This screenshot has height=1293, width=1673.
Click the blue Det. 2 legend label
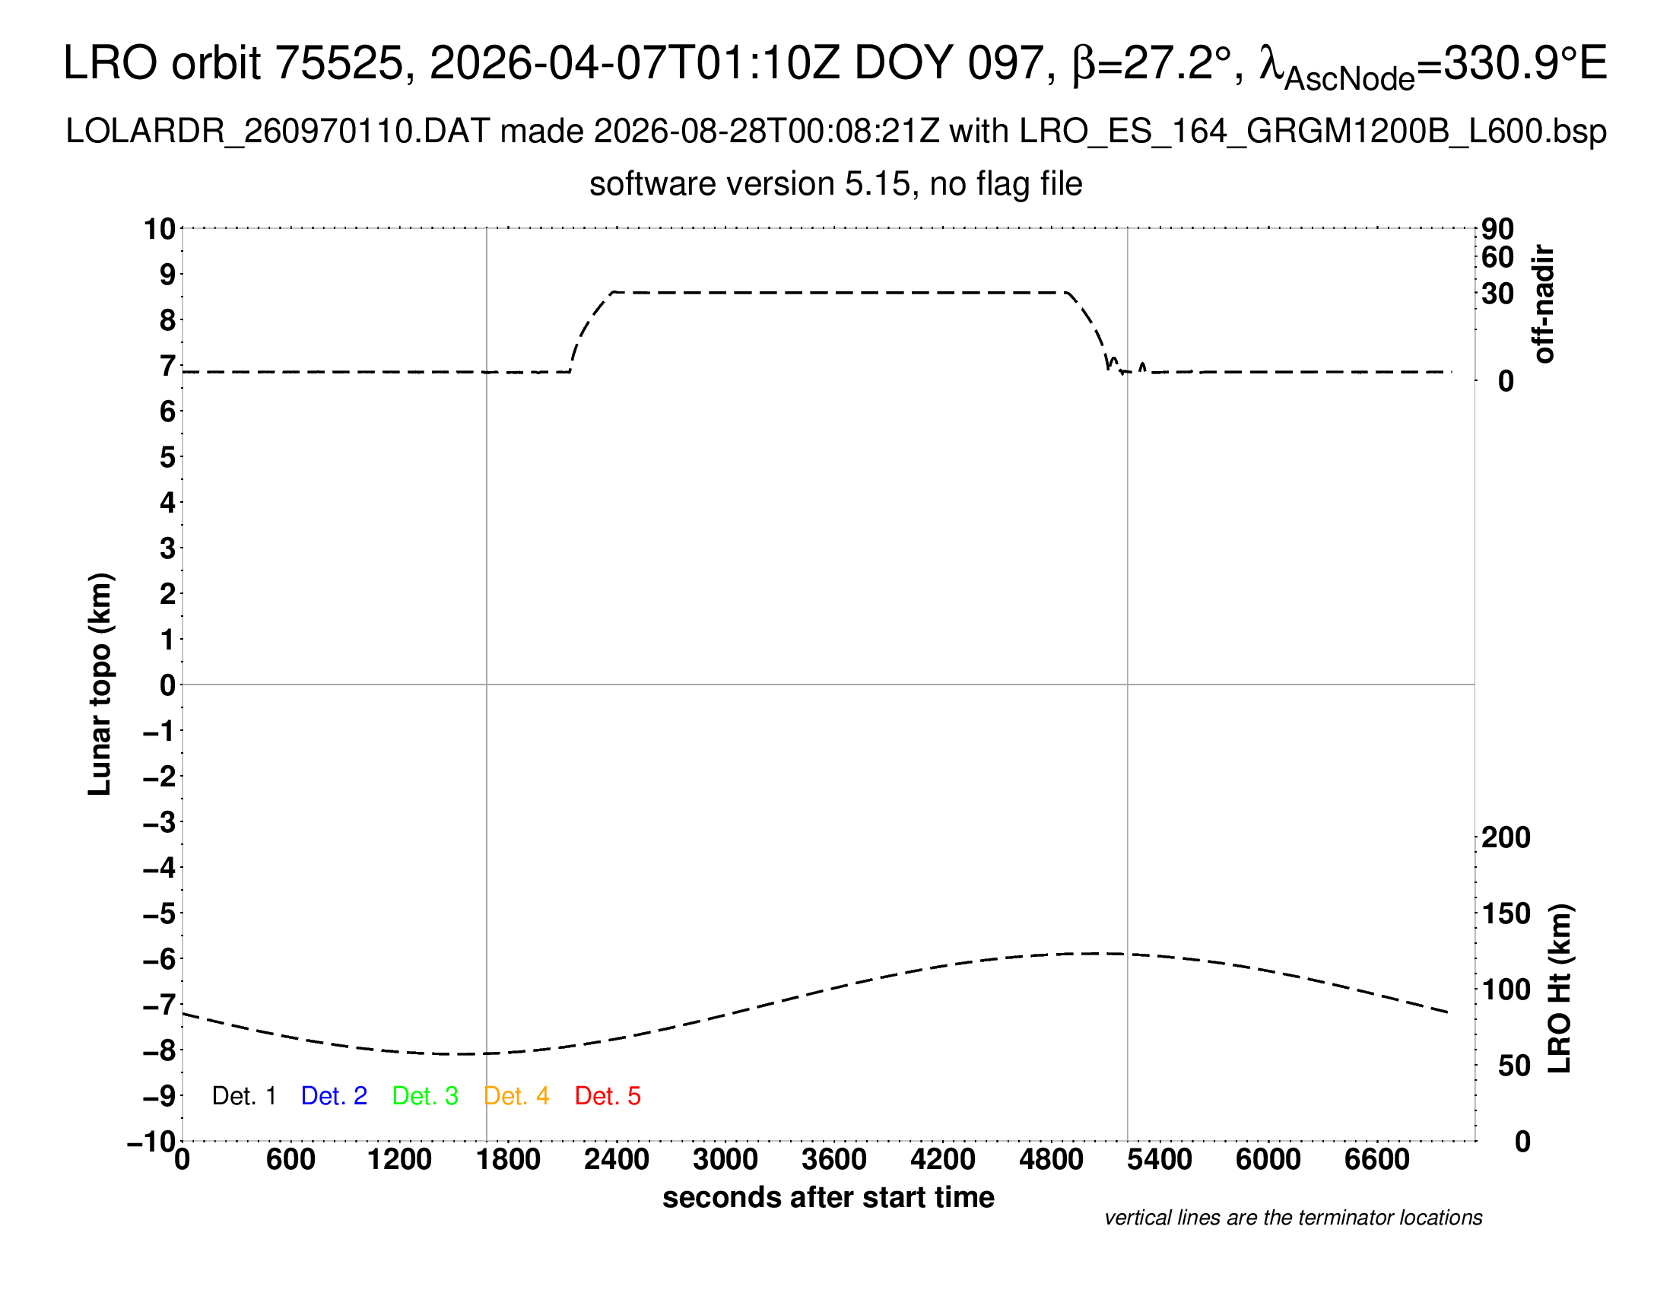point(334,1096)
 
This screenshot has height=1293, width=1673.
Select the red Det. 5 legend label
point(608,1096)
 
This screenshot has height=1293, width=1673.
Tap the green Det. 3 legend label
point(425,1096)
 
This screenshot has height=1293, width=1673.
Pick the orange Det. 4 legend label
point(516,1096)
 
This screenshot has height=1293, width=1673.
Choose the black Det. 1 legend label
point(243,1096)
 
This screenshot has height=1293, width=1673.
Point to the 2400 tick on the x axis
point(617,1160)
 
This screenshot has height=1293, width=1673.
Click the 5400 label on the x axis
point(1160,1160)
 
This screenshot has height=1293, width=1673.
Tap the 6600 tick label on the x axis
point(1377,1160)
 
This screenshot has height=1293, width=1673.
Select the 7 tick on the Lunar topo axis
point(168,366)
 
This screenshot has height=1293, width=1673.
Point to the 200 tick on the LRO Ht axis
point(1506,837)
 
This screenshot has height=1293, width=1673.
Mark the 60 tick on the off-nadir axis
point(1497,257)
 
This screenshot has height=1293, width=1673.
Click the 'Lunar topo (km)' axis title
point(100,684)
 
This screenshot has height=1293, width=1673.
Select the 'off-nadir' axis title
point(1544,304)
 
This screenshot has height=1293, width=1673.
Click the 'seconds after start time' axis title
point(828,1197)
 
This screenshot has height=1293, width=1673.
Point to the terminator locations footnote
point(1293,1218)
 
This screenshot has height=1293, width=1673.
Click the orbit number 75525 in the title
point(338,63)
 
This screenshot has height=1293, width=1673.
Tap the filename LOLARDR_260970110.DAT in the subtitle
point(278,132)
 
